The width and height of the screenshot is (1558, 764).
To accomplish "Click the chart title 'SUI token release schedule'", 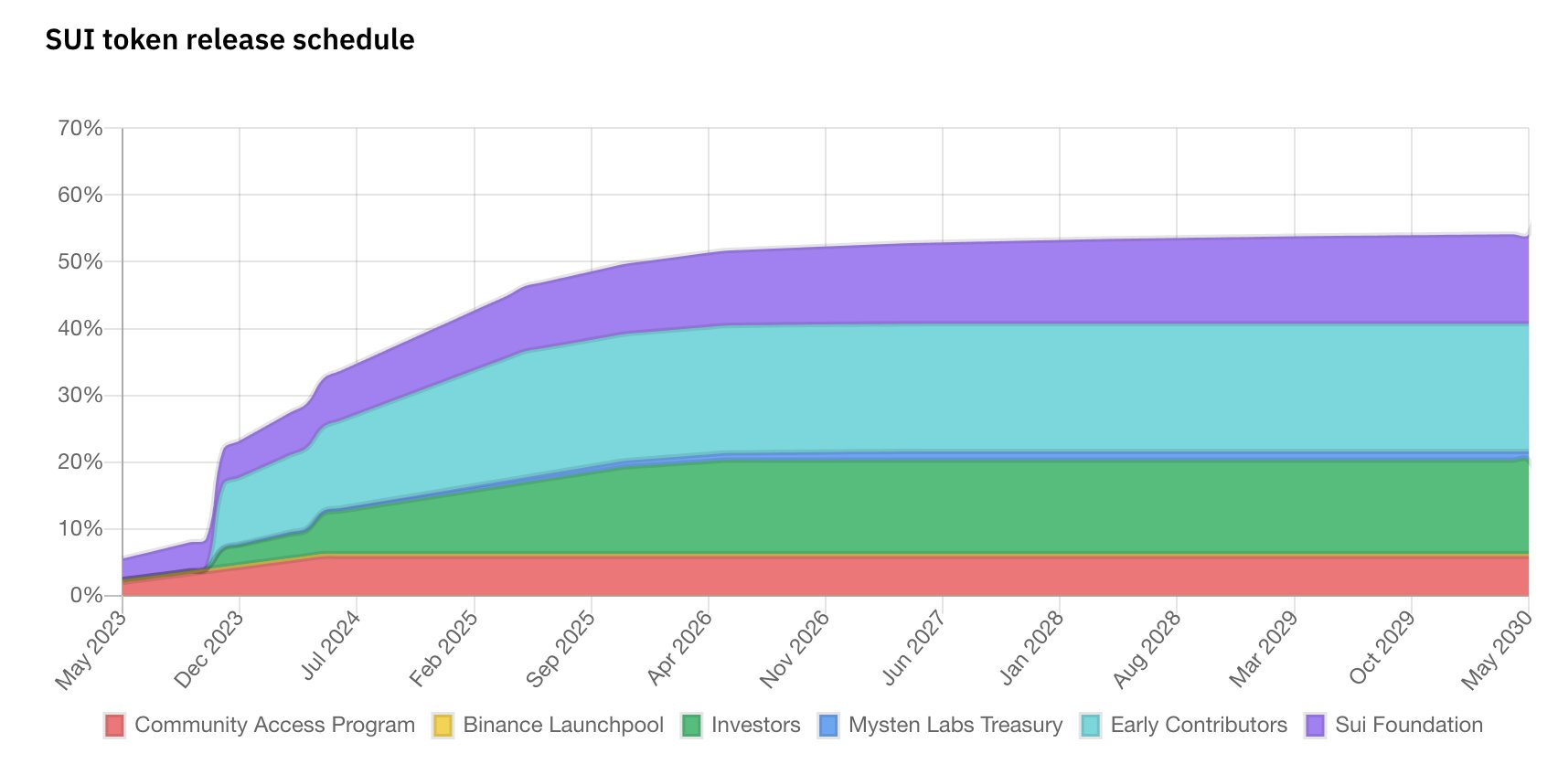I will [229, 39].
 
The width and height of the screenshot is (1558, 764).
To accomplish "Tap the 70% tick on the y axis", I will [80, 128].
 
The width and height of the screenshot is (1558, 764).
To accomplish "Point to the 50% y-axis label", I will [80, 261].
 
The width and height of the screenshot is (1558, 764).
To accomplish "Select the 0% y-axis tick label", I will [86, 596].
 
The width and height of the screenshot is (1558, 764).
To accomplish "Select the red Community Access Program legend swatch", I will [114, 726].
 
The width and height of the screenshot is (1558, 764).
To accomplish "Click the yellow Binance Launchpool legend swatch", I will [443, 726].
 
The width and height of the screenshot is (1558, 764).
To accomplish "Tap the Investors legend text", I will [755, 726].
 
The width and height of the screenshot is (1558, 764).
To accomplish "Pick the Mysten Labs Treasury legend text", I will [955, 726].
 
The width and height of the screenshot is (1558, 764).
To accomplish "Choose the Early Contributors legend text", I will [1199, 726].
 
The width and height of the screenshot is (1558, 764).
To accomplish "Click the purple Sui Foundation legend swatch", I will [1315, 726].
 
